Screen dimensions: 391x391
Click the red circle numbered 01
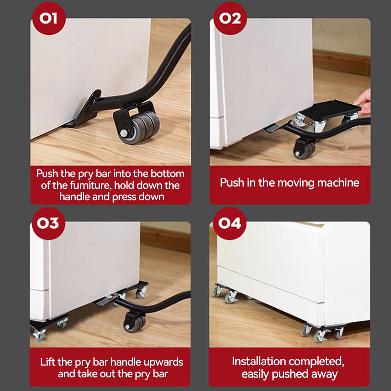pyautogui.click(x=49, y=19)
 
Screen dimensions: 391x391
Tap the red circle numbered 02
pyautogui.click(x=230, y=19)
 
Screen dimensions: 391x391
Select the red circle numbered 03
pyautogui.click(x=48, y=223)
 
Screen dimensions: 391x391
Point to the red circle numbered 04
pyautogui.click(x=230, y=223)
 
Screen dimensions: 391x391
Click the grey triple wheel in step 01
pyautogui.click(x=140, y=127)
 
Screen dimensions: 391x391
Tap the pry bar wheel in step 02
pyautogui.click(x=305, y=149)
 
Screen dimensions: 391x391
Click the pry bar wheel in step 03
pyautogui.click(x=135, y=323)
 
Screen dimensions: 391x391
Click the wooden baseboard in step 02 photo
pyautogui.click(x=341, y=62)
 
